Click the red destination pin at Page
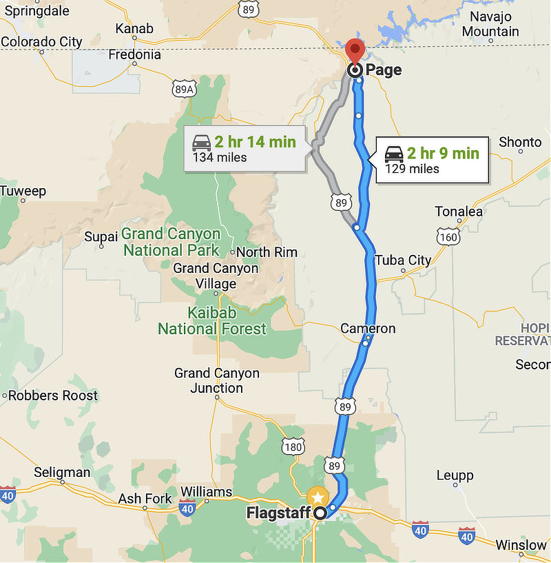(x=355, y=50)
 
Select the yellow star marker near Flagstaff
(x=318, y=497)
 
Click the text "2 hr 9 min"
(x=442, y=153)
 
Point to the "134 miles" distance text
(x=220, y=158)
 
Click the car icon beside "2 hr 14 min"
(x=202, y=143)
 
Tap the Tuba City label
(x=403, y=260)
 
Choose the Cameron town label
(x=368, y=329)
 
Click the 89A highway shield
(x=185, y=88)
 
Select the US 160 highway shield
(x=448, y=237)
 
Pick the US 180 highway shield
(x=293, y=447)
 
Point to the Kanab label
(x=134, y=28)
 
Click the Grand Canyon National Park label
(x=171, y=242)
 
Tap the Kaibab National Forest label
(x=211, y=321)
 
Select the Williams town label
(x=206, y=491)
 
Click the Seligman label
(x=62, y=472)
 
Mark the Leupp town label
(x=455, y=475)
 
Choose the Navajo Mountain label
(x=490, y=24)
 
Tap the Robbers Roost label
(x=53, y=396)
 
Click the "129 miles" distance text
(x=412, y=169)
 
